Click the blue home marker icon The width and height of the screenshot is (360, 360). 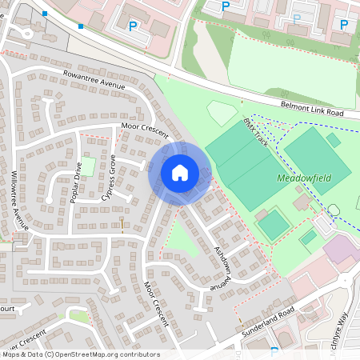pos(180,172)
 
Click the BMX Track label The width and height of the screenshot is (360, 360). pos(257,130)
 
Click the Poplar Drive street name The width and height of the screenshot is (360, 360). pos(77,182)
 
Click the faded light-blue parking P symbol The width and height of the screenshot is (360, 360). pos(297,18)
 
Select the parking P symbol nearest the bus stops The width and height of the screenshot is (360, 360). pos(132,26)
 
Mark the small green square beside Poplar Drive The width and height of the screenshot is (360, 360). pos(90,167)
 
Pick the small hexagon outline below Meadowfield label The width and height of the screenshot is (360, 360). pos(334,209)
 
